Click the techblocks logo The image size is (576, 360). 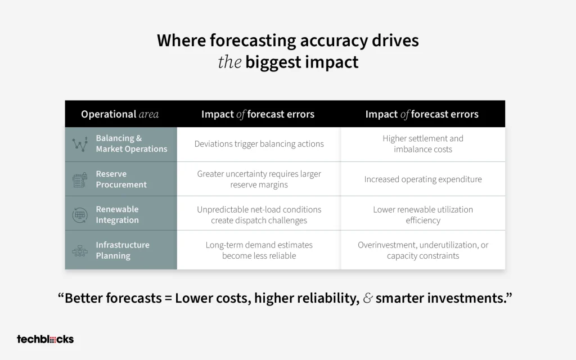coord(45,339)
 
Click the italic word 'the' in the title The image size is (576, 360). coord(229,62)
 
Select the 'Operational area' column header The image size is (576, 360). coord(120,114)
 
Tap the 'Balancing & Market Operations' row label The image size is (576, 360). coord(132,143)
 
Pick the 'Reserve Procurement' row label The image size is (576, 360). coord(121,179)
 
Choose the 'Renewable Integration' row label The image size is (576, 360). coord(117,214)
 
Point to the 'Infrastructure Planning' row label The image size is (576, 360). coord(123,250)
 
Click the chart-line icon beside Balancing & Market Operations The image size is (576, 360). coord(80,144)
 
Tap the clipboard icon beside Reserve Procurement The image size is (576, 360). coord(80,179)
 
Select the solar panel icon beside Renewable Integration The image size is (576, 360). coord(80,215)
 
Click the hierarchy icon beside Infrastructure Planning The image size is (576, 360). coord(80,251)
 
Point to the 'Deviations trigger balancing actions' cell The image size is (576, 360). coord(259,143)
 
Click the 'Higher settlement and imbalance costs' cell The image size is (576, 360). coord(423,143)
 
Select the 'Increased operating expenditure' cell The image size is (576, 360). coord(423,179)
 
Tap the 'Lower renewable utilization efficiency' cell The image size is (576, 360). coord(423,215)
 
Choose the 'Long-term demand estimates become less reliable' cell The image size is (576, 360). coord(259,250)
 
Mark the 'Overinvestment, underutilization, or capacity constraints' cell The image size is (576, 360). coord(423,250)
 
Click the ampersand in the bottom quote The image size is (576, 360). coord(368,298)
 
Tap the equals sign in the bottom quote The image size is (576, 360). coord(168,298)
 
